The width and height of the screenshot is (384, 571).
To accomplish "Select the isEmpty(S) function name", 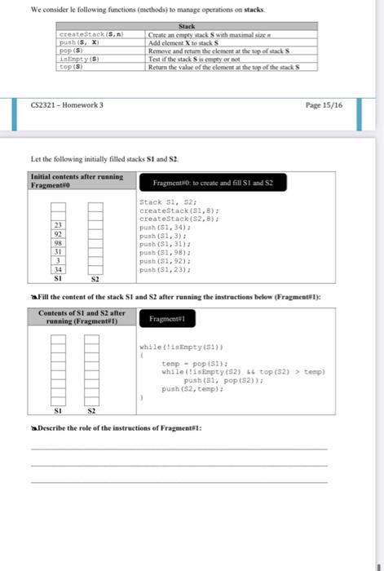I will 79,60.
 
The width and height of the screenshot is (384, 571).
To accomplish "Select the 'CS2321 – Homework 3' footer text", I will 67,105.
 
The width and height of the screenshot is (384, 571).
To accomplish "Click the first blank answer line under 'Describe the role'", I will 179,449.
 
